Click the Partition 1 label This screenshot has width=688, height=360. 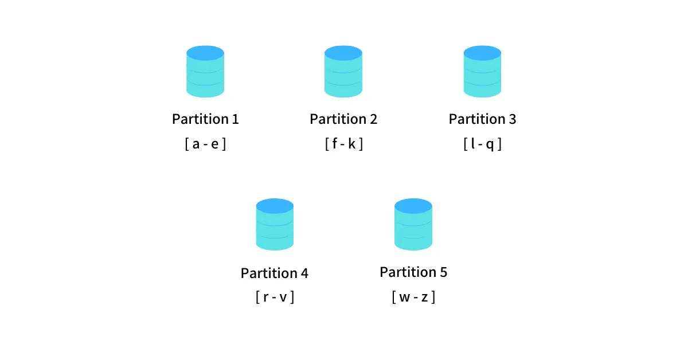tap(205, 119)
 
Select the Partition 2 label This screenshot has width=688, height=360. tap(343, 119)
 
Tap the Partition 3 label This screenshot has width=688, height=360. tap(482, 119)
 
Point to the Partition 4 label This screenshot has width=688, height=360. tap(274, 273)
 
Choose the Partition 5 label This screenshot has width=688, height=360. tap(413, 272)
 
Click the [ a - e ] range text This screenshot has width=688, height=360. tap(205, 144)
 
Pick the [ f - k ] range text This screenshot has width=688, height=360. tap(344, 144)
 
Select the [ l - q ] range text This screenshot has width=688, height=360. tap(483, 144)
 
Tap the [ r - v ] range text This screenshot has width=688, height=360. tap(275, 297)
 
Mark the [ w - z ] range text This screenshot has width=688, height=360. tap(413, 297)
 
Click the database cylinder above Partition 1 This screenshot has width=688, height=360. tap(205, 72)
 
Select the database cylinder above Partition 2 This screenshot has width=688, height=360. tap(343, 72)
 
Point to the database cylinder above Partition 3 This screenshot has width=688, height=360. tap(482, 72)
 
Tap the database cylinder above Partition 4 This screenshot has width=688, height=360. tap(275, 225)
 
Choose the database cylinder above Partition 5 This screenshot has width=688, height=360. tap(413, 225)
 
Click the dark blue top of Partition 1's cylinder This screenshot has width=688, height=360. tap(205, 53)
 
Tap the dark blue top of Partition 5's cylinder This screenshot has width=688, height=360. tap(413, 206)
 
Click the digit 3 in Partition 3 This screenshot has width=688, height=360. tap(513, 119)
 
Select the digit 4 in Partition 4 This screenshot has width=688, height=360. tap(304, 273)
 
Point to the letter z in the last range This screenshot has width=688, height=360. tap(424, 298)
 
